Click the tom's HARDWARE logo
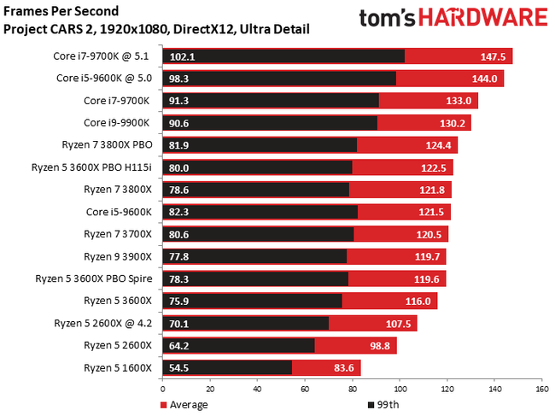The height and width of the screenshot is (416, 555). pos(453,19)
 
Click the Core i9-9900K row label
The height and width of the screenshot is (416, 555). pos(118,123)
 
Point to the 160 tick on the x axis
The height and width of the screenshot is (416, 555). pos(540,389)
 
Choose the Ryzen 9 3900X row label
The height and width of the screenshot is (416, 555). pos(118,256)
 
